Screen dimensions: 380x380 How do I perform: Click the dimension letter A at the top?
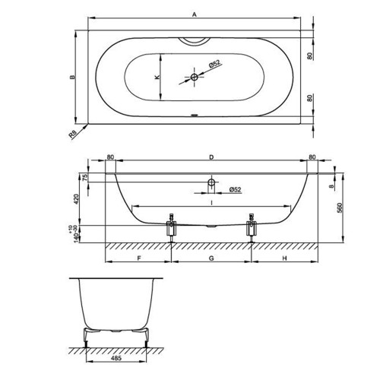click(195, 14)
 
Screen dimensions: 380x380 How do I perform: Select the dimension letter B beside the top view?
click(73, 77)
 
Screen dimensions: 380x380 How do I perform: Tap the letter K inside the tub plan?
click(157, 77)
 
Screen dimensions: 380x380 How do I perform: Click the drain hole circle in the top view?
click(195, 77)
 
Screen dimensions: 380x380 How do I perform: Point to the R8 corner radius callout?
click(72, 135)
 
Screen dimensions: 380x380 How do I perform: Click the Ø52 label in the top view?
click(214, 63)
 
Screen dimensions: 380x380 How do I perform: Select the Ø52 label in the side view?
click(235, 189)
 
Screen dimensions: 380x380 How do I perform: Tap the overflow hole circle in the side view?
click(211, 182)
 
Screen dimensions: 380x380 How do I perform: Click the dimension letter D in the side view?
click(211, 157)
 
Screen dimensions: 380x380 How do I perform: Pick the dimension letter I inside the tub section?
click(211, 202)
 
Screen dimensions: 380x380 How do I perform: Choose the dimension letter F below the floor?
click(139, 258)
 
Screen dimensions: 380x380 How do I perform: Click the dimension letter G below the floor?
click(211, 258)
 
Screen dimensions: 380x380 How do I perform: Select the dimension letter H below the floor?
click(285, 258)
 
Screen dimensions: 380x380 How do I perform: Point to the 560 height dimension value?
click(340, 207)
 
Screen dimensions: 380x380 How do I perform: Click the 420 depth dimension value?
click(76, 199)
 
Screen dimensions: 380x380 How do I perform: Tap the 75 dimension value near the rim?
click(85, 177)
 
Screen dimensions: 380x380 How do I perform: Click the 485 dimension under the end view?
click(116, 358)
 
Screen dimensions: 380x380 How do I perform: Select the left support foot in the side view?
click(172, 228)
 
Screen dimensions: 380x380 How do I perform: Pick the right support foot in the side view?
click(252, 228)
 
